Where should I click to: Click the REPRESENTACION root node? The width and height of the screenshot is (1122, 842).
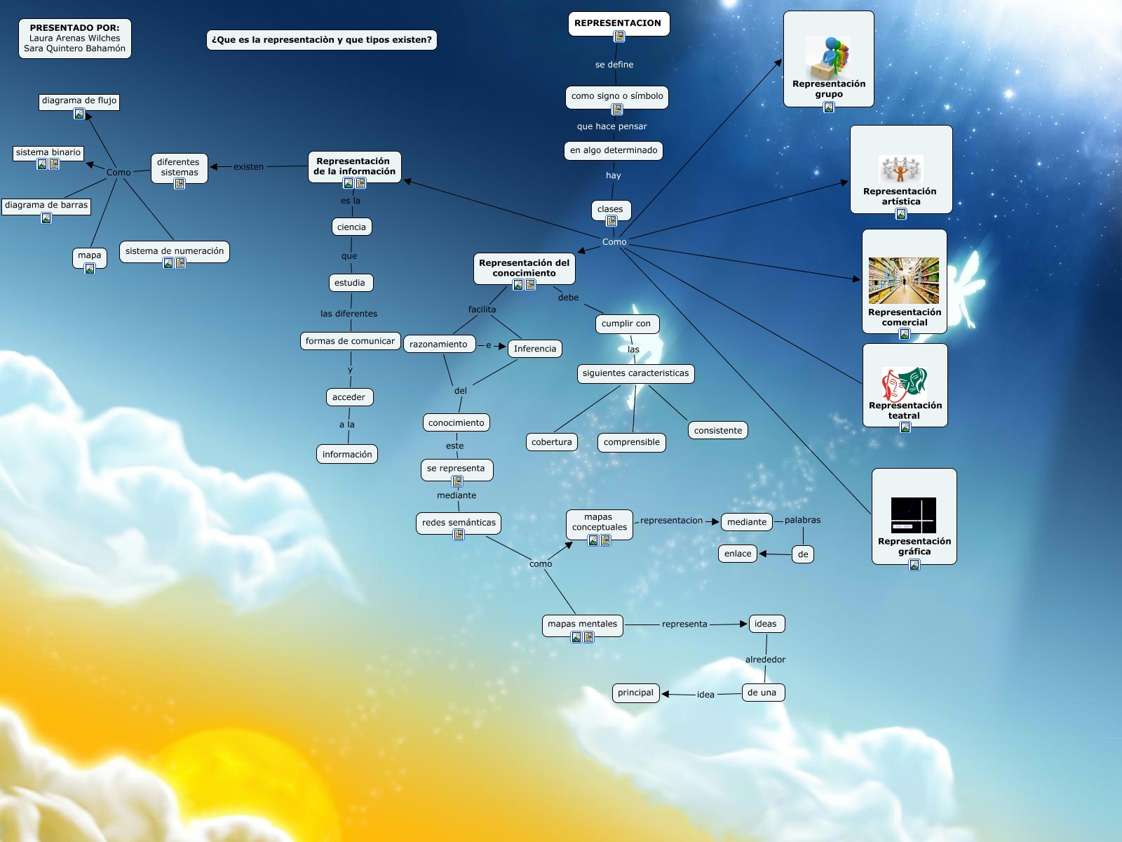[619, 24]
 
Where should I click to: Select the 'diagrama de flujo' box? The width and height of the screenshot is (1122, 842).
[79, 102]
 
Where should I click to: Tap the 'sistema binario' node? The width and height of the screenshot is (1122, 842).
[48, 153]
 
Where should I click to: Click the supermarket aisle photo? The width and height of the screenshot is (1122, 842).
[903, 281]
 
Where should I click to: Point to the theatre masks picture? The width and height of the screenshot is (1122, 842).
[904, 384]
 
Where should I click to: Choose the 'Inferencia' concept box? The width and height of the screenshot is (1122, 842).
[534, 349]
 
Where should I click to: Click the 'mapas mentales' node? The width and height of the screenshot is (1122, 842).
[582, 624]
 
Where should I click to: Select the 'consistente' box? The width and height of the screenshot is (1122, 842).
[717, 430]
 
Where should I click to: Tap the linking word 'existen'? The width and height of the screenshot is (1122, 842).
[248, 167]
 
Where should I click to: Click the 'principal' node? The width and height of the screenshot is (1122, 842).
[635, 693]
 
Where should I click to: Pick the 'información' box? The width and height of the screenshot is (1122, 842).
[347, 455]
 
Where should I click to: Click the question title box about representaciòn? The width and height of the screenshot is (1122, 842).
[321, 40]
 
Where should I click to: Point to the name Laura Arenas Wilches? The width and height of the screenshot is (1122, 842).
[74, 38]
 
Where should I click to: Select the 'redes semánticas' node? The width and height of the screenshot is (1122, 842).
[459, 523]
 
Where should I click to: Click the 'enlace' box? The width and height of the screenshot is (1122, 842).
[738, 554]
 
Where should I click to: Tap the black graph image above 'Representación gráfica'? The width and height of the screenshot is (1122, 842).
[914, 515]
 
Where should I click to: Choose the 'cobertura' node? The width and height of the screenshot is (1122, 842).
[552, 442]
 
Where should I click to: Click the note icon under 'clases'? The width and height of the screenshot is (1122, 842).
[611, 221]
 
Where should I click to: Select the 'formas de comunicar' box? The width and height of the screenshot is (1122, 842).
[350, 341]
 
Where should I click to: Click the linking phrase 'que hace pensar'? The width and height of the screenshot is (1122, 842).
[612, 126]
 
